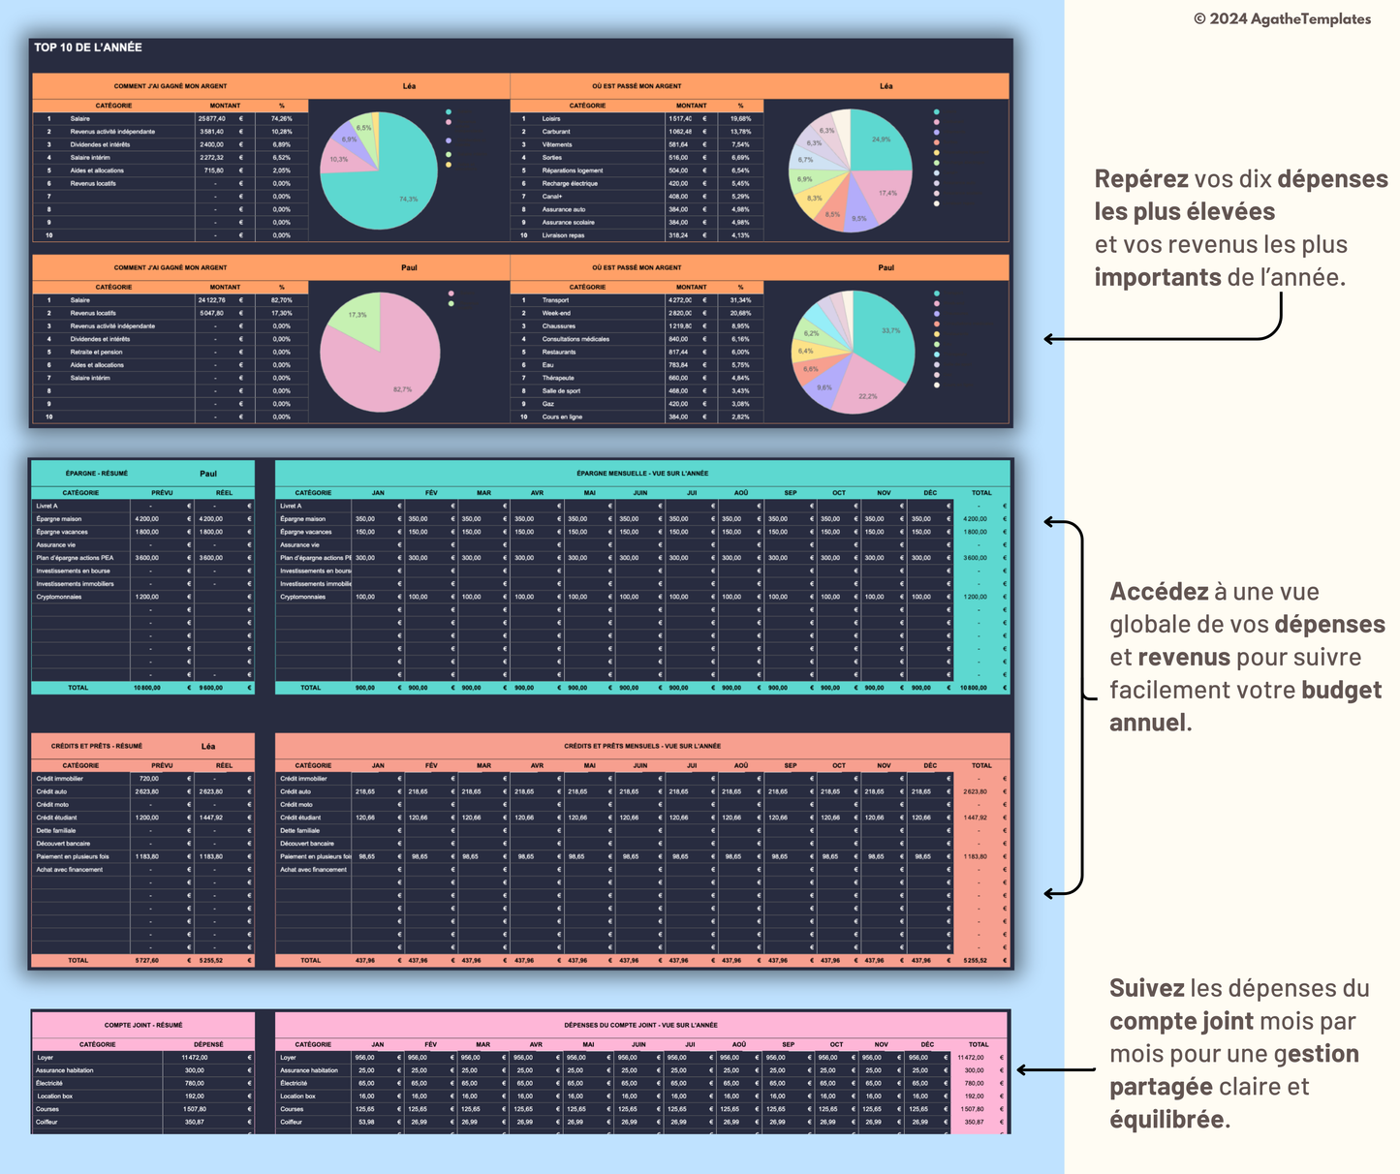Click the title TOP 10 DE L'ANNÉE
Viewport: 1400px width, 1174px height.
coord(88,47)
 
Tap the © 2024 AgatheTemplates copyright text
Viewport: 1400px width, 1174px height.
coord(1282,18)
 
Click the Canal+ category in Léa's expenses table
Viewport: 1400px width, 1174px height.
coord(552,197)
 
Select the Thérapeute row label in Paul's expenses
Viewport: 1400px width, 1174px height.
coord(558,378)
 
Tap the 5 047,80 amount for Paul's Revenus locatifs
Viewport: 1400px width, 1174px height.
coord(211,313)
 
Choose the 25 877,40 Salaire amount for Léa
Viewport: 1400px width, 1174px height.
coord(211,119)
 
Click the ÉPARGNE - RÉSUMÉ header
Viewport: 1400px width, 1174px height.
coord(97,474)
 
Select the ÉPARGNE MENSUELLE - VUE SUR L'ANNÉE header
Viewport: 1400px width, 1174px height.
coord(642,474)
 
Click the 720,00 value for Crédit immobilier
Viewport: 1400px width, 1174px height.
coord(149,779)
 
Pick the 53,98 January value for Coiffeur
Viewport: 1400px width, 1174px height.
coord(365,1122)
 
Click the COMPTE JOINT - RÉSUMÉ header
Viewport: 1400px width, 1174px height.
coord(143,1025)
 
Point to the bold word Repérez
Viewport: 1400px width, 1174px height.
coord(1141,179)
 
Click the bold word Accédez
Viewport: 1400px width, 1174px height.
coord(1158,592)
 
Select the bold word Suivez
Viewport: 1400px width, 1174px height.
coord(1146,989)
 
